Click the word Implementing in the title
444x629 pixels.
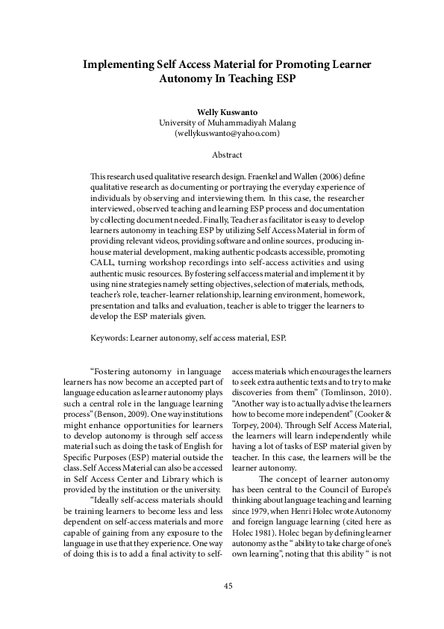click(x=118, y=65)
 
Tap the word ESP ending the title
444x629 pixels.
click(x=274, y=78)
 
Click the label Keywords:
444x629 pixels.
click(x=108, y=337)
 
